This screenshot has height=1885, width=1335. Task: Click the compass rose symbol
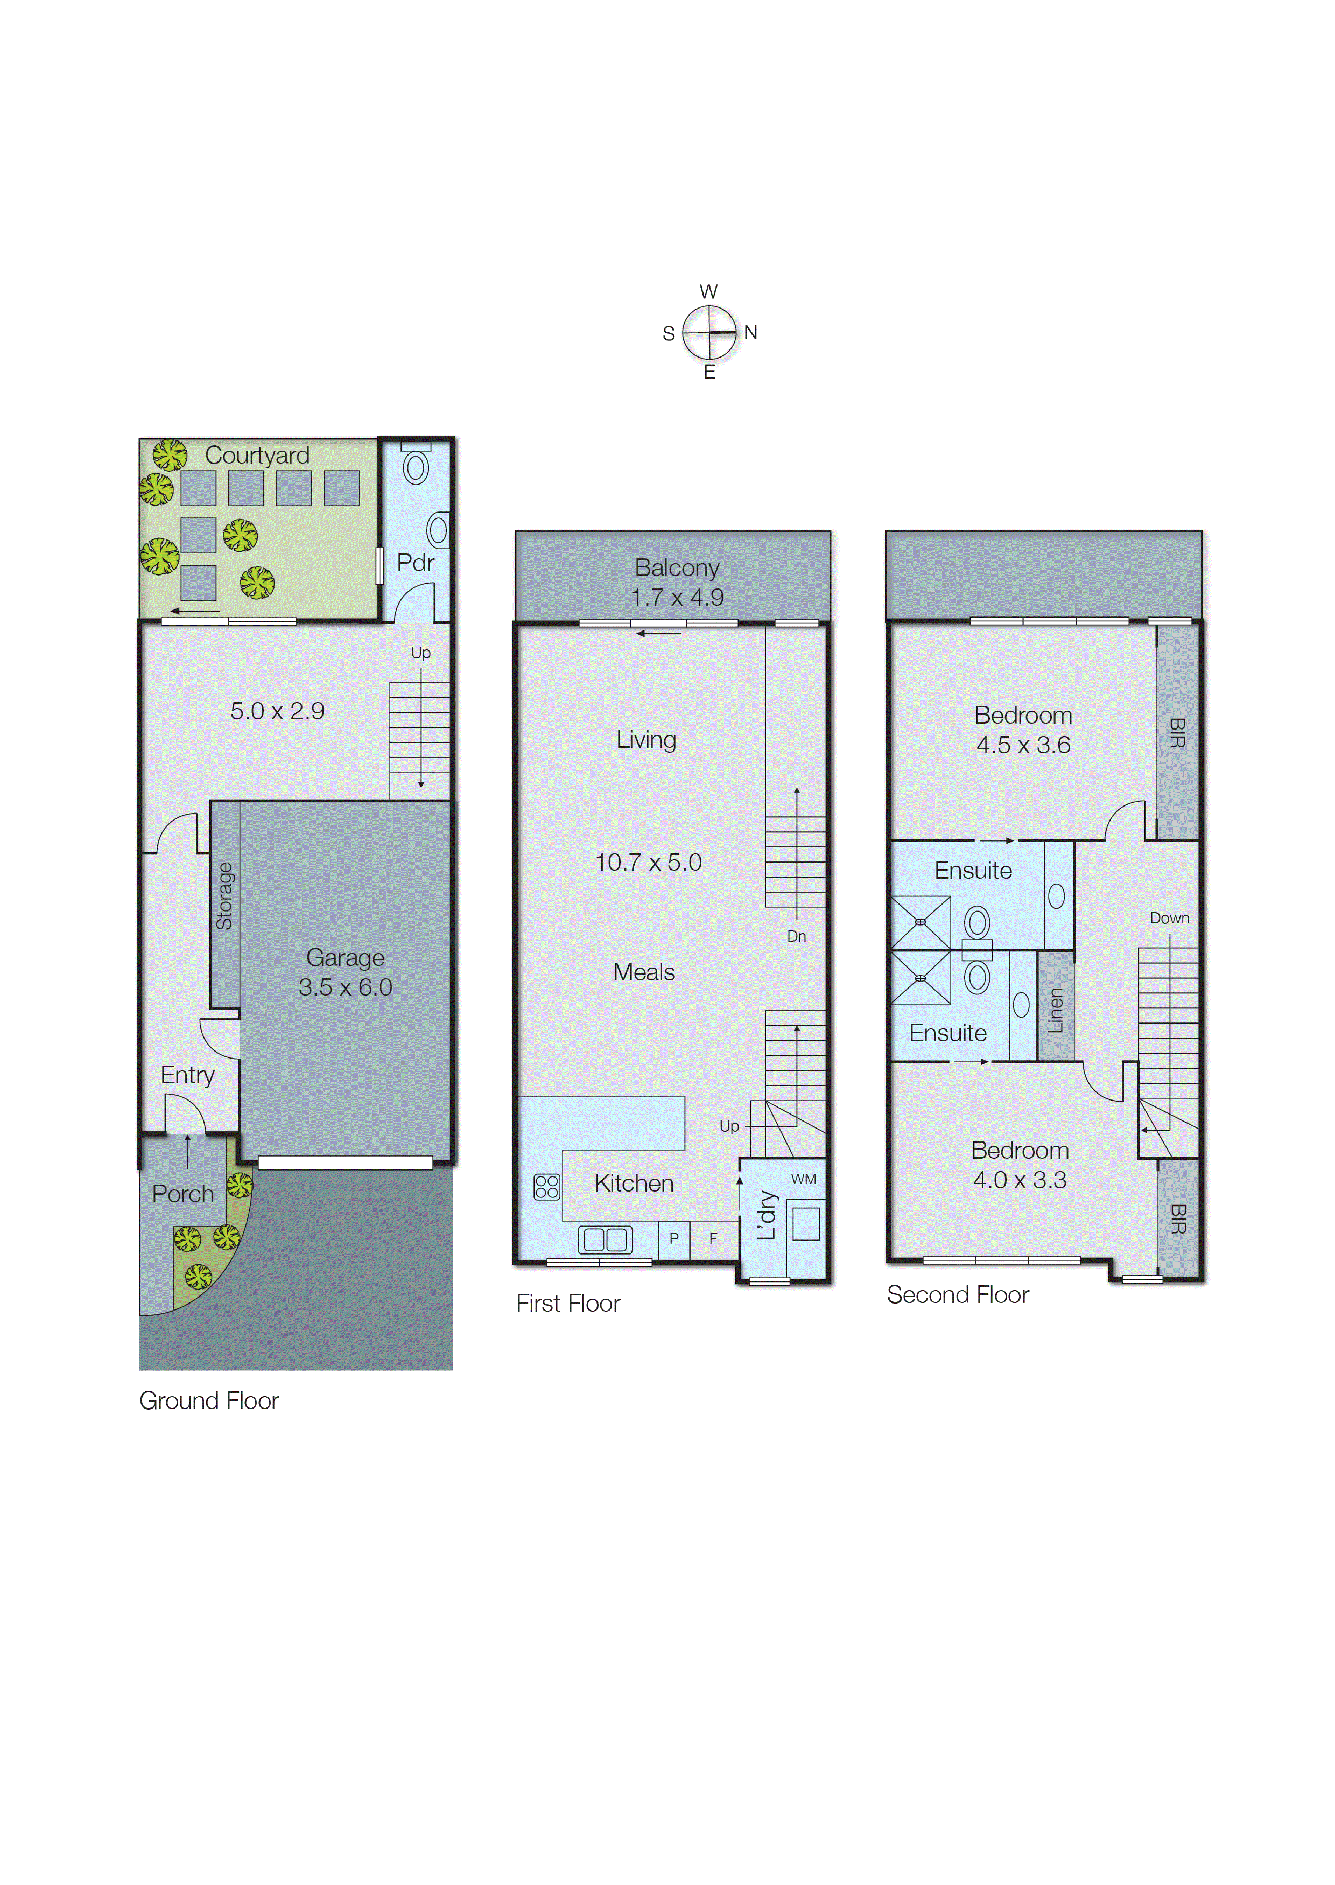click(x=709, y=332)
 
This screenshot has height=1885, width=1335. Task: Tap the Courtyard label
click(x=257, y=456)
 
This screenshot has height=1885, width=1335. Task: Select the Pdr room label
click(x=415, y=563)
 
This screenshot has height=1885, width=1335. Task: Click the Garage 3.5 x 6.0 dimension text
click(x=345, y=987)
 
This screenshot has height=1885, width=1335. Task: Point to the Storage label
click(x=224, y=896)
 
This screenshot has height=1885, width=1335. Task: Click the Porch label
click(x=182, y=1194)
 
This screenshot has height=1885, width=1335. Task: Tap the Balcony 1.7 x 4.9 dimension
click(x=677, y=598)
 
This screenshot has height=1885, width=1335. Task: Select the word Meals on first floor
click(x=644, y=972)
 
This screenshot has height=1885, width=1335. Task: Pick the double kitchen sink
click(x=605, y=1239)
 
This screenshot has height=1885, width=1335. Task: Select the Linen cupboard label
click(x=1056, y=1010)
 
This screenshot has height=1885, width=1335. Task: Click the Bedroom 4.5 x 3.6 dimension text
click(x=1023, y=745)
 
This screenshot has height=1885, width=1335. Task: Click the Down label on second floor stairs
click(x=1169, y=918)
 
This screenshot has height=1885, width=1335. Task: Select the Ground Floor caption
click(x=209, y=1401)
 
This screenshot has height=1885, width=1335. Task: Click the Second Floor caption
click(x=958, y=1295)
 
